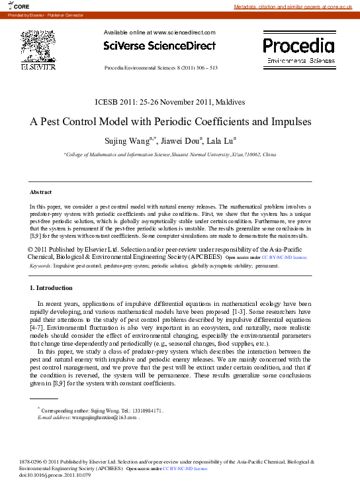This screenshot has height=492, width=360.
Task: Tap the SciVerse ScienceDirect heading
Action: pyautogui.click(x=159, y=46)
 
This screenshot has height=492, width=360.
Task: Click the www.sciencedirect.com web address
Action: pyautogui.click(x=185, y=32)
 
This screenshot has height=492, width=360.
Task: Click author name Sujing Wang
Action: pyautogui.click(x=126, y=140)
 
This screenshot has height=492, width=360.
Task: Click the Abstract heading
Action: pyautogui.click(x=41, y=192)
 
